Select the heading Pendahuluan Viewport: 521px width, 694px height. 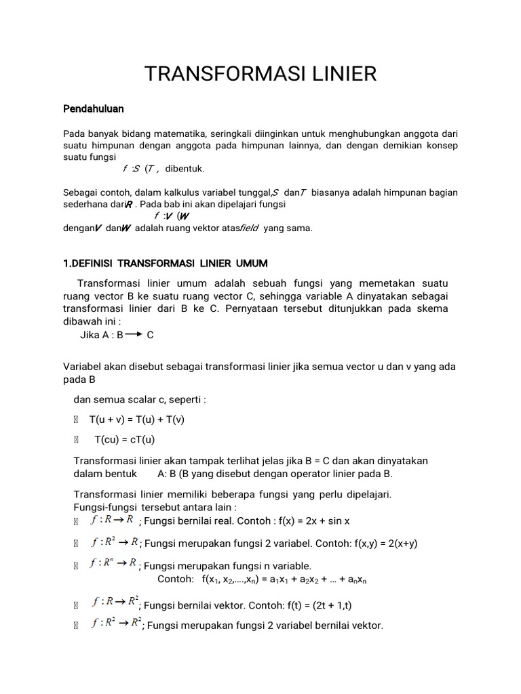click(x=93, y=108)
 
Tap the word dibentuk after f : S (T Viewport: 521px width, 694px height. click(x=185, y=168)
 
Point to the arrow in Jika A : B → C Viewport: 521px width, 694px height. click(x=133, y=334)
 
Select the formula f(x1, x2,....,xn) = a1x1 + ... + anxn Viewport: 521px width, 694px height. click(x=284, y=579)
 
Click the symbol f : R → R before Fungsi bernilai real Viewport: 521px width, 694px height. click(x=111, y=520)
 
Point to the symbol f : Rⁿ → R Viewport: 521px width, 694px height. click(x=114, y=564)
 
